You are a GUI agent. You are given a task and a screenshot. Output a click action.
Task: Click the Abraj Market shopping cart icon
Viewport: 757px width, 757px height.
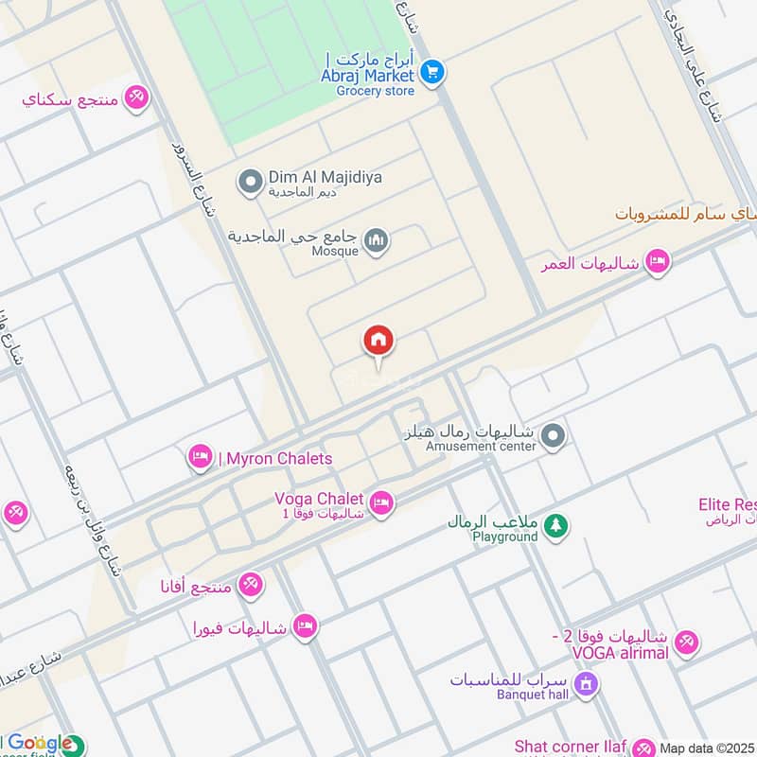pos(432,71)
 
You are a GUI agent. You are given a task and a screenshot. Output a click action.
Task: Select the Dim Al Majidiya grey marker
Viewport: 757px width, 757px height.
pos(250,178)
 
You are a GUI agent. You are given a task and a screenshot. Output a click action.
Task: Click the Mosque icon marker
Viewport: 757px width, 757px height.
pos(377,242)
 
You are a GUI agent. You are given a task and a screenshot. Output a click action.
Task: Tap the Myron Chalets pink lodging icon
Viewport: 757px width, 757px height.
pos(200,458)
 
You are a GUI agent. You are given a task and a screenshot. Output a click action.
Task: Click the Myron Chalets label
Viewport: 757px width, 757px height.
pos(275,459)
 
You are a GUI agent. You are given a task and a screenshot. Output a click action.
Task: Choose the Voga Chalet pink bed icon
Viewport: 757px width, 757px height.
pos(381,502)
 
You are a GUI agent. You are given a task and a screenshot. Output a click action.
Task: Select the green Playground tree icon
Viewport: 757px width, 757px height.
pos(556,526)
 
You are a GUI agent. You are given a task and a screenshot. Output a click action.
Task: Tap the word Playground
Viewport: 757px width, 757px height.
pos(505,537)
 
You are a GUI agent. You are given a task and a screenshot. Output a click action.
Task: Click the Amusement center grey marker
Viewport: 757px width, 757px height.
pos(555,436)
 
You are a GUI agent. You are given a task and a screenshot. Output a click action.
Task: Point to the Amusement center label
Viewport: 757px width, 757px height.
pos(481,446)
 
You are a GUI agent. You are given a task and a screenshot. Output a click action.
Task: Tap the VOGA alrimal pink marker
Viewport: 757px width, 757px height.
pos(687,642)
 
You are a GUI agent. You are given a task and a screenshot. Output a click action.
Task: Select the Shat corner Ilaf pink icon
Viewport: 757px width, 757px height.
pos(643,748)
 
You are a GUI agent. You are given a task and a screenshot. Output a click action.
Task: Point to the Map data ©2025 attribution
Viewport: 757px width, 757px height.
pos(708,748)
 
